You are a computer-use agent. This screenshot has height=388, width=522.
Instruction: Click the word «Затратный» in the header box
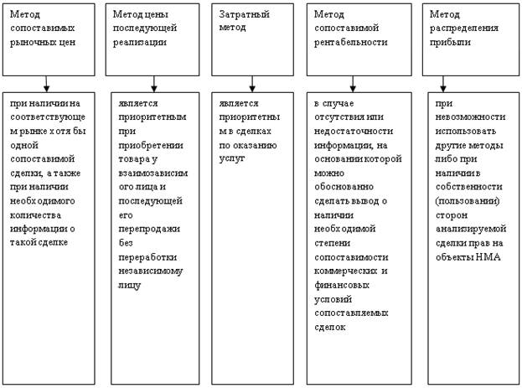click(x=244, y=14)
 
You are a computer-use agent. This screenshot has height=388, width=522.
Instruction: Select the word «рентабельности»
click(x=351, y=43)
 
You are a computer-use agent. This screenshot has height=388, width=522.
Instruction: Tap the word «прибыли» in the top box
click(x=450, y=43)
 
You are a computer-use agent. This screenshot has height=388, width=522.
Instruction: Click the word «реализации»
click(x=140, y=43)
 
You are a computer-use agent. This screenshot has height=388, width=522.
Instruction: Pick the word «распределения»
click(x=464, y=28)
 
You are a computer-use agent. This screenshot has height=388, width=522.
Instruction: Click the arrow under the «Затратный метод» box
click(x=252, y=84)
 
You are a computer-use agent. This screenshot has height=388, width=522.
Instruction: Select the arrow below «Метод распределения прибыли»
click(x=442, y=84)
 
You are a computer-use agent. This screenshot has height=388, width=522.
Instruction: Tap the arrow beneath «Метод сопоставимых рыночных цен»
click(x=46, y=84)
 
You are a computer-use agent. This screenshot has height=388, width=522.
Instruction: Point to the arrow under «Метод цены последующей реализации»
click(x=153, y=84)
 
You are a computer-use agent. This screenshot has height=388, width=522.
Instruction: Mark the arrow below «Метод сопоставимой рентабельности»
click(x=353, y=84)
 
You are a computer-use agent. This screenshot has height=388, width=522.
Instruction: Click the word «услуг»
click(x=232, y=159)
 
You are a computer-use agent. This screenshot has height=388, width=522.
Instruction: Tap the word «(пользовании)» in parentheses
click(x=468, y=201)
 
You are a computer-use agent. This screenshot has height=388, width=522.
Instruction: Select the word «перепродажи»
click(x=149, y=229)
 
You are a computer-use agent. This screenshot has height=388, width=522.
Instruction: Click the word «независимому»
click(x=151, y=272)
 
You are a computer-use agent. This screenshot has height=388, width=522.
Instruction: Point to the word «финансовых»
click(x=342, y=286)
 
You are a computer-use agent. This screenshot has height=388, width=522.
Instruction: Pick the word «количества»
click(x=36, y=215)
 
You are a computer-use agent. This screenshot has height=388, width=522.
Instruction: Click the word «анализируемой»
click(x=471, y=229)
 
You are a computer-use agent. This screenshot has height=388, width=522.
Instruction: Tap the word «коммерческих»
click(x=345, y=272)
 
